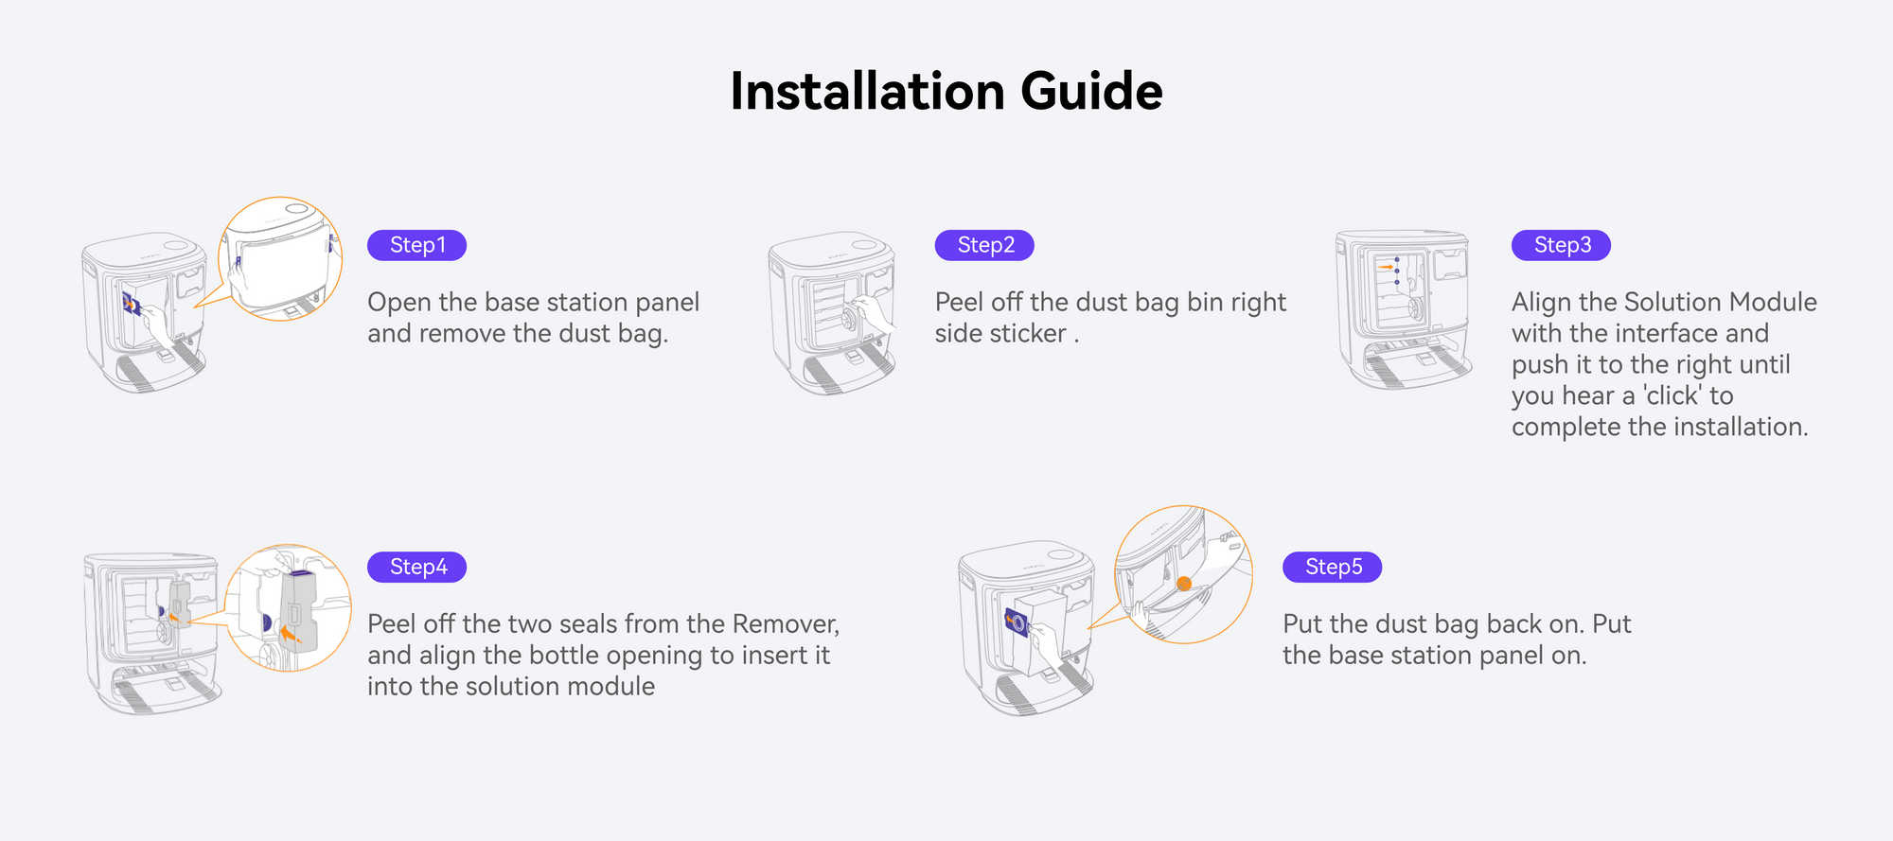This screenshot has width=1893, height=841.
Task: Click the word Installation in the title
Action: click(x=867, y=92)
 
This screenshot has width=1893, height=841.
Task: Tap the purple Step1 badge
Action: click(x=416, y=245)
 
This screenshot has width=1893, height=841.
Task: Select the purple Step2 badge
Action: click(x=984, y=245)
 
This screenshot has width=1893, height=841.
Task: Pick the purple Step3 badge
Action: click(x=1561, y=245)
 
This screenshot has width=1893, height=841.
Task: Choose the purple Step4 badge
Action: click(x=416, y=567)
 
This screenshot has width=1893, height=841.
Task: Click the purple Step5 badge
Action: click(x=1332, y=567)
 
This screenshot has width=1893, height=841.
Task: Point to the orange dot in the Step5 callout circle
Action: click(x=1184, y=584)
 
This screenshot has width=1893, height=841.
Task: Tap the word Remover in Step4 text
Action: click(x=785, y=623)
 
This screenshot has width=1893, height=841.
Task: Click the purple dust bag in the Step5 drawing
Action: click(x=1016, y=622)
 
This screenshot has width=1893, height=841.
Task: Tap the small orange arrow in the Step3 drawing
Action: click(x=1387, y=268)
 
